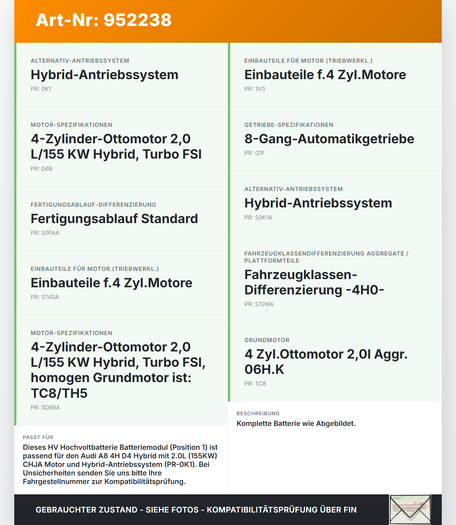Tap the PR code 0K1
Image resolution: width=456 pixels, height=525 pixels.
pyautogui.click(x=41, y=89)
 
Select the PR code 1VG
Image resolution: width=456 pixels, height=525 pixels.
pyautogui.click(x=255, y=89)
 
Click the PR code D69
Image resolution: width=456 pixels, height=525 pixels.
pyautogui.click(x=41, y=169)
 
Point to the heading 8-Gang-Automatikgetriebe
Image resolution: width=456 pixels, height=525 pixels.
pyautogui.click(x=329, y=139)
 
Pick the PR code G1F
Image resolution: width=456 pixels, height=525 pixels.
pyautogui.click(x=254, y=153)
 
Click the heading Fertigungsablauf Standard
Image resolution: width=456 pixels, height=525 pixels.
pyautogui.click(x=114, y=219)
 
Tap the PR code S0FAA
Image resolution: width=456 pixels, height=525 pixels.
pyautogui.click(x=45, y=233)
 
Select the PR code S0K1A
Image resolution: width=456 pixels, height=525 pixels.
pyautogui.click(x=258, y=218)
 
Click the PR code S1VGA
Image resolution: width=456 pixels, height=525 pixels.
pyautogui.click(x=45, y=297)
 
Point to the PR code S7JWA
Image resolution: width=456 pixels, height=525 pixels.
pyautogui.click(x=259, y=304)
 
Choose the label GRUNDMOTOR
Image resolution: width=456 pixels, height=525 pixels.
pyautogui.click(x=267, y=340)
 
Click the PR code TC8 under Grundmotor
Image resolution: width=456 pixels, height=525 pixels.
pyautogui.click(x=255, y=384)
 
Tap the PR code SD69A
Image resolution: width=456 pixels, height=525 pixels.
pyautogui.click(x=45, y=408)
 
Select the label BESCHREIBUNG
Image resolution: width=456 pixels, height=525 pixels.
pyautogui.click(x=258, y=413)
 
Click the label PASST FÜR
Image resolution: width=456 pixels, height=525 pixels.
pyautogui.click(x=38, y=437)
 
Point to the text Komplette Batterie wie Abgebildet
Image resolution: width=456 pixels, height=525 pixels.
pyautogui.click(x=296, y=423)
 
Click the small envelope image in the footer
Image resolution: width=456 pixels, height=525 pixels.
pyautogui.click(x=410, y=509)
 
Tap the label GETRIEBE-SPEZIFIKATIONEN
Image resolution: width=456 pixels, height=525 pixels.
pyautogui.click(x=289, y=125)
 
